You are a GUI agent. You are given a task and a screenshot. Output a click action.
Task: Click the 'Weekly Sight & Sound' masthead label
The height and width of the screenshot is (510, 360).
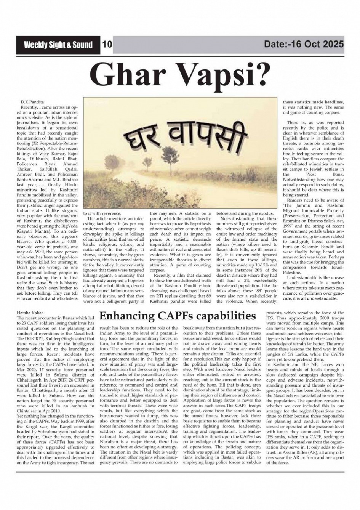pyautogui.click(x=58, y=45)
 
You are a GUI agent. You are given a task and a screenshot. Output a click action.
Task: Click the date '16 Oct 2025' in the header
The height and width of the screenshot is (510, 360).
pyautogui.click(x=316, y=44)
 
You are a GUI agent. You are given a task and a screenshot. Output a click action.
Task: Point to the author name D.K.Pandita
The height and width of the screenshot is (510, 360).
pyautogui.click(x=32, y=103)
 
